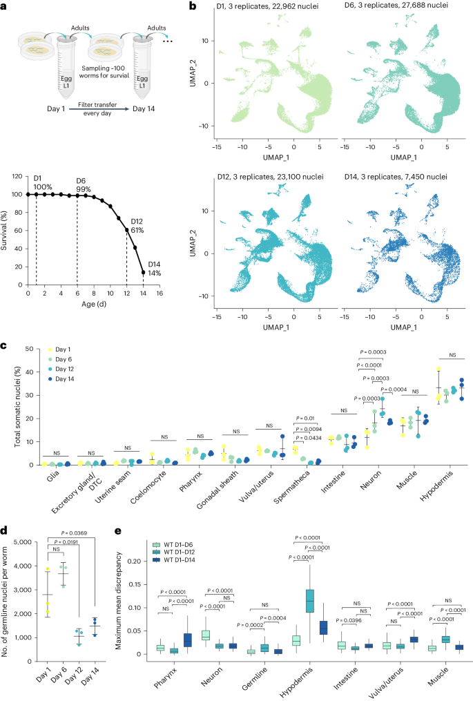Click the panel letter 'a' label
[6, 6]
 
